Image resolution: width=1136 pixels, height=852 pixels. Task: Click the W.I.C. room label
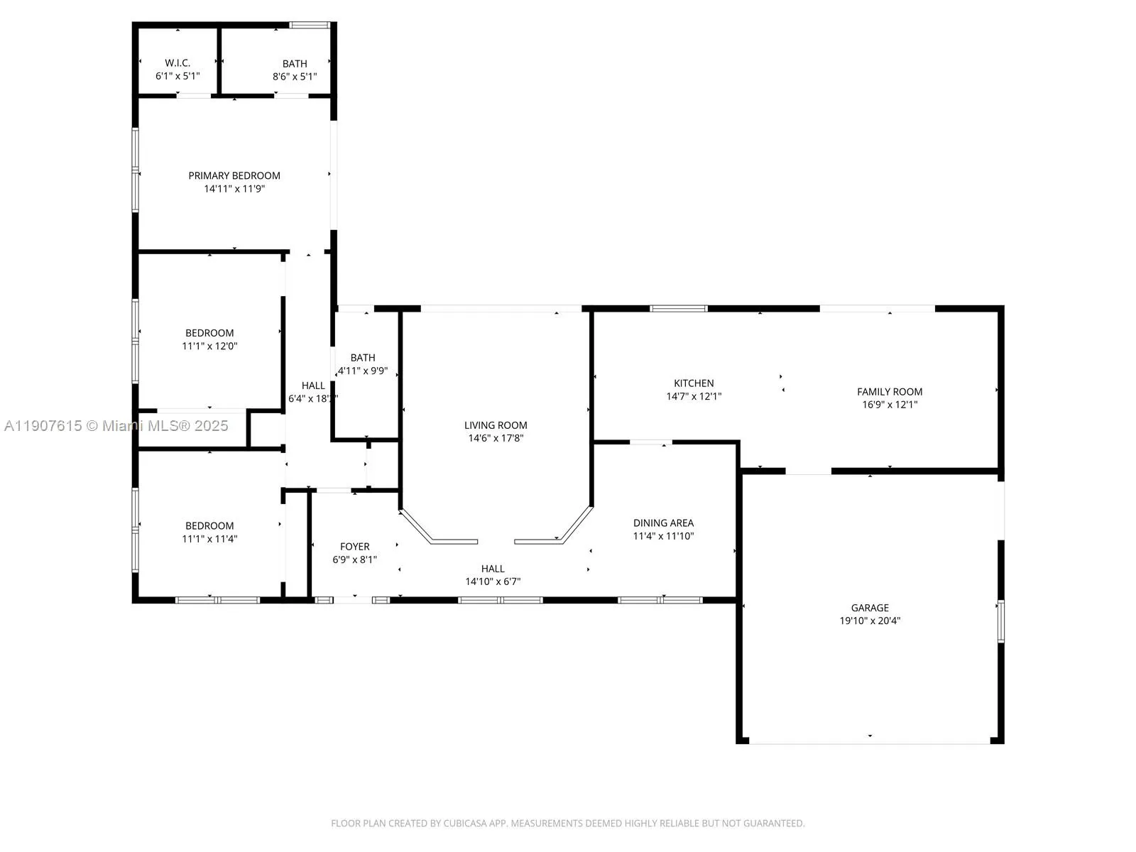point(177,63)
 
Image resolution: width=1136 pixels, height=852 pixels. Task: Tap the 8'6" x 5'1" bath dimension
point(295,77)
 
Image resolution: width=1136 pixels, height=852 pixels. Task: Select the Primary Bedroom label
point(234,175)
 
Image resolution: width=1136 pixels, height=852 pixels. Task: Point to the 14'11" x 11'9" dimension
point(234,189)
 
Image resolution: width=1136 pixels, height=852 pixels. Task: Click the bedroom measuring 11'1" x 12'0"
point(209,339)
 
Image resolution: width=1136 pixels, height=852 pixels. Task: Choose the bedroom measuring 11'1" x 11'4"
point(209,532)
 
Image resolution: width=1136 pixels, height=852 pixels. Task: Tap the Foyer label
point(354,547)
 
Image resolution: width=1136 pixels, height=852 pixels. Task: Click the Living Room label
point(496,425)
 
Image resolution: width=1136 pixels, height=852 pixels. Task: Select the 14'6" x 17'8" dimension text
point(496,439)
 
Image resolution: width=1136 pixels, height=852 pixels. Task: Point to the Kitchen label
point(694,383)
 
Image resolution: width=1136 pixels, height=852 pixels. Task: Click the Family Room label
point(890,392)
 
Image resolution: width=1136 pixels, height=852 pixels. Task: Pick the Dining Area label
point(663,523)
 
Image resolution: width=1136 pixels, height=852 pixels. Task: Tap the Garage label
point(870,608)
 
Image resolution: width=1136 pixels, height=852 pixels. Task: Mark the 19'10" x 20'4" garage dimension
point(870,621)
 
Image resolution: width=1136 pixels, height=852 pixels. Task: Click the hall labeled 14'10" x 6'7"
point(493,575)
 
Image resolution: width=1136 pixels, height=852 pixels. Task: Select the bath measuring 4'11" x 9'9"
point(363,364)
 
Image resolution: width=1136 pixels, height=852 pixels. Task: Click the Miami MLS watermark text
point(116,426)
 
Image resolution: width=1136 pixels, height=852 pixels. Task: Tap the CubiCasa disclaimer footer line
point(567,824)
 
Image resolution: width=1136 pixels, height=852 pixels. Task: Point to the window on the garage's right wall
point(1000,621)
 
